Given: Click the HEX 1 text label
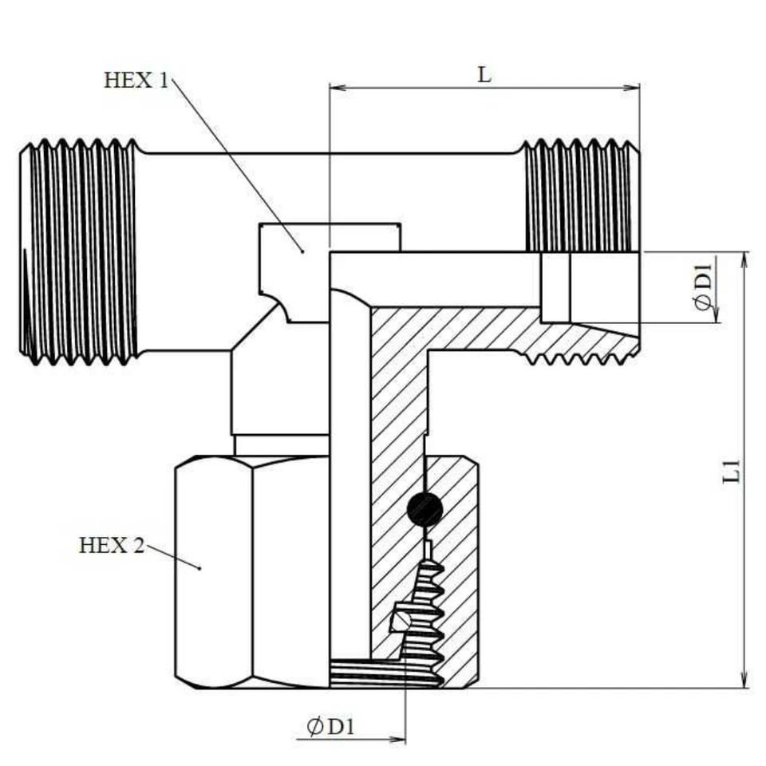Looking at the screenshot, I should coord(136,81).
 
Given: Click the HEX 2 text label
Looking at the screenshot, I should coord(112,546).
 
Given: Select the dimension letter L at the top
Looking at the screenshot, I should coord(484,75).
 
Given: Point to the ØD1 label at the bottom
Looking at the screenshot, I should coord(330,727).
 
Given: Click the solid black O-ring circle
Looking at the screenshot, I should coord(424,508).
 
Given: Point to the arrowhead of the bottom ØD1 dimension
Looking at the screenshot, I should coord(399,740).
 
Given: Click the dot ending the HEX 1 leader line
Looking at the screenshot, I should coord(302,251).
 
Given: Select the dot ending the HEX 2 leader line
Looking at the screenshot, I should coord(199,568).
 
